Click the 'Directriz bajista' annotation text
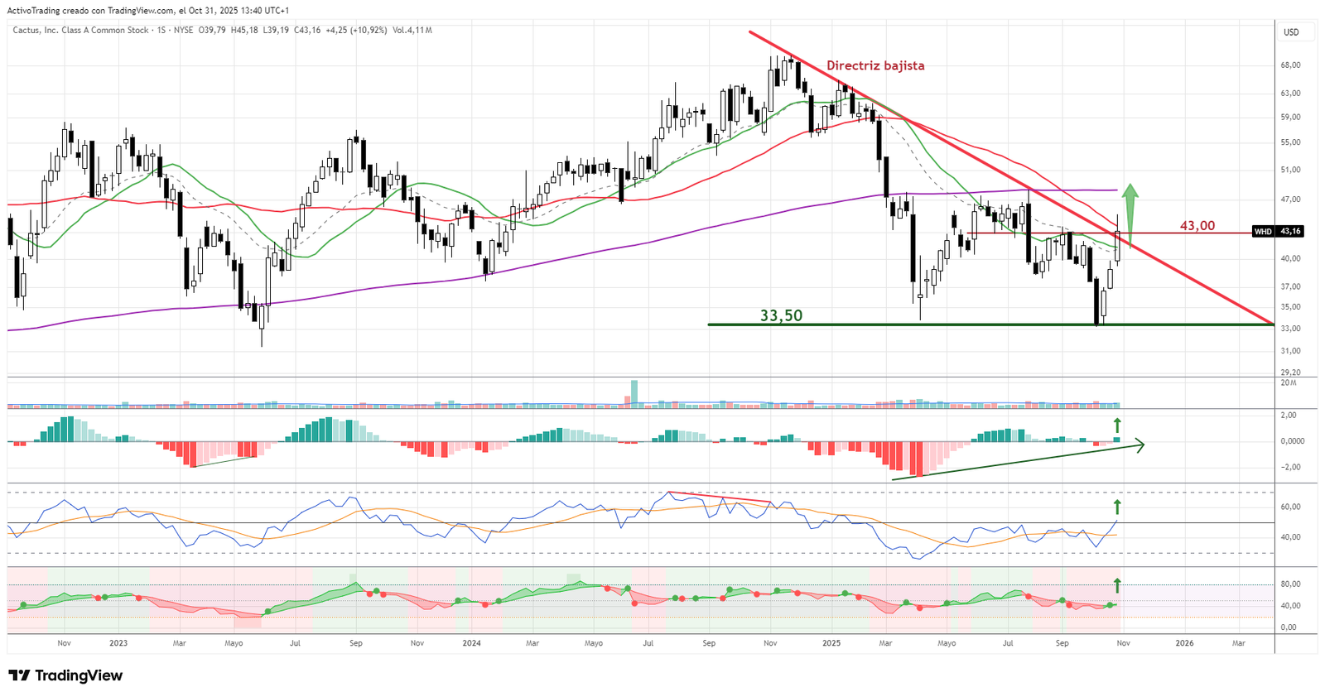click(875, 65)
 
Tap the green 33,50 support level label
click(781, 315)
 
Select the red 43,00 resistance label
click(1197, 225)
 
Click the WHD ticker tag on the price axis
click(1262, 232)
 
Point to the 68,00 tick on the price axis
click(1290, 65)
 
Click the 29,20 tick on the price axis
click(1290, 373)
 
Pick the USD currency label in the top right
click(1291, 32)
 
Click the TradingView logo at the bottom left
click(65, 675)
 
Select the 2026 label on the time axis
click(1184, 643)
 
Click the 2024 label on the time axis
click(471, 643)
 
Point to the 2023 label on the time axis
click(118, 643)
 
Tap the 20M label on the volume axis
click(1289, 382)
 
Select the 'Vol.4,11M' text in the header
click(412, 31)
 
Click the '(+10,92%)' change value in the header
click(368, 31)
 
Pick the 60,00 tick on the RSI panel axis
click(1290, 507)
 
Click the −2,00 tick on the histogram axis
click(1290, 467)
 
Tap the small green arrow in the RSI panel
click(1116, 507)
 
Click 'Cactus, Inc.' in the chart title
click(36, 31)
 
